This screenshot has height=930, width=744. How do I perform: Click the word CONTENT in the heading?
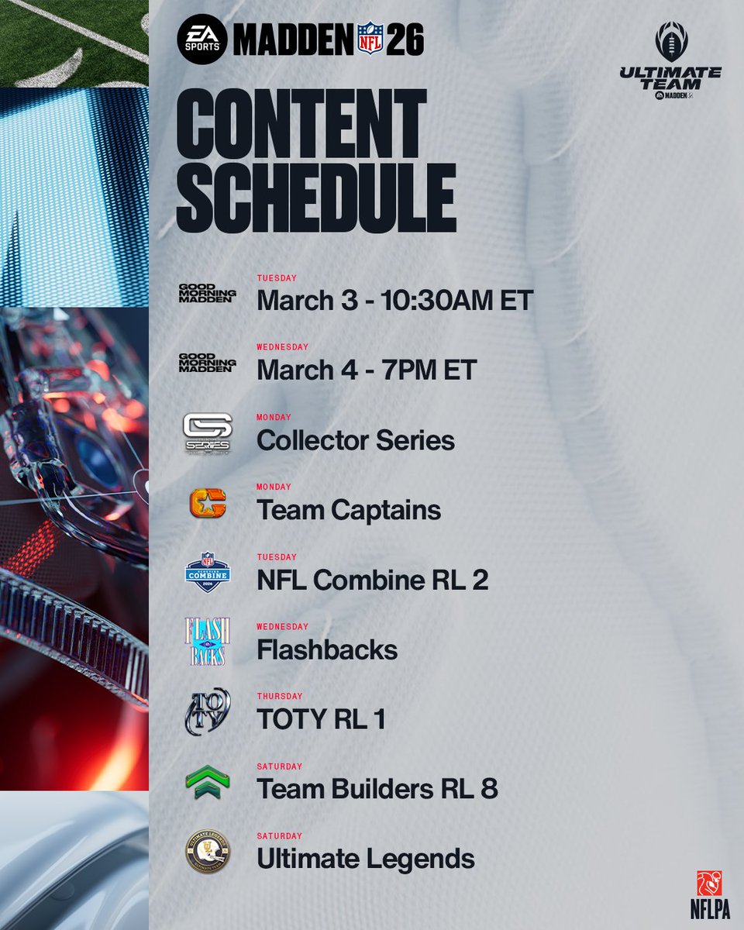pyautogui.click(x=301, y=124)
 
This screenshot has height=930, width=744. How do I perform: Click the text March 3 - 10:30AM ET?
pyautogui.click(x=394, y=301)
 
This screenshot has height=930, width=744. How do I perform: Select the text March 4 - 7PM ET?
pyautogui.click(x=366, y=370)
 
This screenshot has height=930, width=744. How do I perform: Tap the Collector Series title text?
pyautogui.click(x=355, y=440)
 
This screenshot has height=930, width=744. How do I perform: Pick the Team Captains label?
pyautogui.click(x=349, y=510)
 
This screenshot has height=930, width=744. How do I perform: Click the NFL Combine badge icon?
pyautogui.click(x=207, y=572)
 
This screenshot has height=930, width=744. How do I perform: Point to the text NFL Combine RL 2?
pyautogui.click(x=372, y=580)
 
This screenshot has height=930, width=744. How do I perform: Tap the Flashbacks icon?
pyautogui.click(x=207, y=642)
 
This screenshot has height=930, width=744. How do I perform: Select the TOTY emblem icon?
pyautogui.click(x=207, y=711)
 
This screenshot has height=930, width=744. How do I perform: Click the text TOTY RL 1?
pyautogui.click(x=321, y=719)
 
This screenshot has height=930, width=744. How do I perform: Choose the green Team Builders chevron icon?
pyautogui.click(x=207, y=781)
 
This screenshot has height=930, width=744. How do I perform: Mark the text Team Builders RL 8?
pyautogui.click(x=377, y=789)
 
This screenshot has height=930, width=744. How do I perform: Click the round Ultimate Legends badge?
pyautogui.click(x=207, y=851)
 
